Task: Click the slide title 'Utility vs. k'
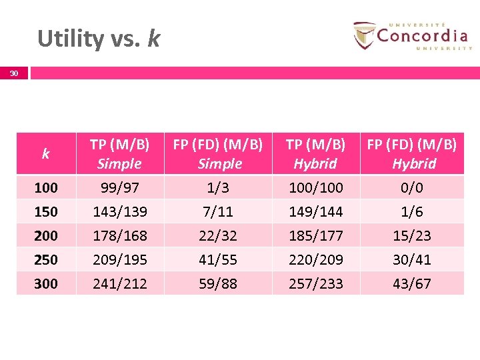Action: click(99, 39)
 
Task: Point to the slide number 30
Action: click(14, 74)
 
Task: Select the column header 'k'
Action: click(45, 154)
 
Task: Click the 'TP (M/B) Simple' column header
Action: click(119, 154)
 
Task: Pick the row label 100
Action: click(45, 188)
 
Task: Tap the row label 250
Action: click(45, 259)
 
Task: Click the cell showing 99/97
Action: click(119, 188)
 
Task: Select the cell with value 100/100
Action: click(315, 188)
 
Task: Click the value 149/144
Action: click(315, 212)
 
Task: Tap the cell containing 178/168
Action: click(119, 236)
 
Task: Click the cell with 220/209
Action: click(315, 259)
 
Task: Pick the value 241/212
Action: click(119, 283)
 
